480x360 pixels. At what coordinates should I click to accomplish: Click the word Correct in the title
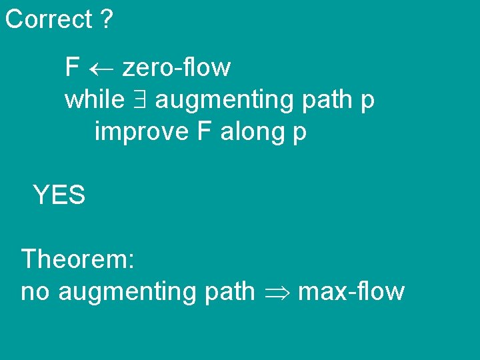[x=48, y=19]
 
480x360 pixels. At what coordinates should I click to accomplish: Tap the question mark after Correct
[x=107, y=19]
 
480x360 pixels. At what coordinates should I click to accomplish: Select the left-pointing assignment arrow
[x=101, y=68]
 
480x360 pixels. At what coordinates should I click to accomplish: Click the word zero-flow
[x=176, y=67]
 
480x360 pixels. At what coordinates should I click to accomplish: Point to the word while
[x=94, y=100]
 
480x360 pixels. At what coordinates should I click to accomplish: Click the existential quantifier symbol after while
[x=140, y=101]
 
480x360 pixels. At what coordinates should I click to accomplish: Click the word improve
[x=141, y=133]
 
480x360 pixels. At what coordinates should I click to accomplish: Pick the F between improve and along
[x=204, y=132]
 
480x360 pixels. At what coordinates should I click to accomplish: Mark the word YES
[x=59, y=195]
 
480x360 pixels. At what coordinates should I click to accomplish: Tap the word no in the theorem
[x=37, y=292]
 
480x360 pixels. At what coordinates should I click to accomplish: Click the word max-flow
[x=351, y=291]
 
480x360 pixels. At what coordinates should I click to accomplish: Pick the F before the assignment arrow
[x=72, y=67]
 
